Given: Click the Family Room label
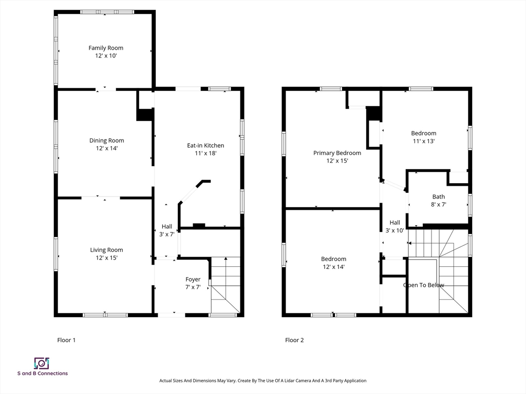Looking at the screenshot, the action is point(106,52).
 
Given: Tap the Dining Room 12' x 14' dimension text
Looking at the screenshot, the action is point(107,148).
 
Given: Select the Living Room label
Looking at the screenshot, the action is point(106,253).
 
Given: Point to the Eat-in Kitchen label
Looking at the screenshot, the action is point(205,149).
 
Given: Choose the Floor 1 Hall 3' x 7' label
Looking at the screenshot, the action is point(167,230).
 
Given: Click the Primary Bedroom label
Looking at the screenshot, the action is point(337,156).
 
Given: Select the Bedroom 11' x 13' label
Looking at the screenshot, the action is point(424,137).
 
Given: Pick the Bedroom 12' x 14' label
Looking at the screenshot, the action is point(333,263).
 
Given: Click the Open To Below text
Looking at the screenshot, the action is point(424,285).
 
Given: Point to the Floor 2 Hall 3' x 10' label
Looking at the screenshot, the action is point(395,226).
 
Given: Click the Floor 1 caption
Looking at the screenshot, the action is point(66,340).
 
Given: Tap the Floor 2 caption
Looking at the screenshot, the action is point(294,340).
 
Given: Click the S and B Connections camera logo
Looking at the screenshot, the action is point(42,363).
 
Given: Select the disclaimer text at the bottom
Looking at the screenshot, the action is point(262,381).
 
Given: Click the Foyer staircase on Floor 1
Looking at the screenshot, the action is point(226,285).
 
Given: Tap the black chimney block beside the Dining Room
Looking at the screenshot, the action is point(145,114).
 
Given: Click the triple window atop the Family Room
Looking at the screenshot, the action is point(107,12).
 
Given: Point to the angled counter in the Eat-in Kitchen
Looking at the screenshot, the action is point(194,192).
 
